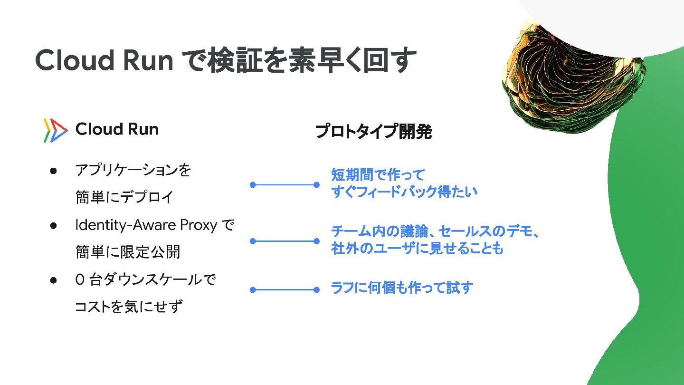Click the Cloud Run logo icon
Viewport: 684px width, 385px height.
coord(55,130)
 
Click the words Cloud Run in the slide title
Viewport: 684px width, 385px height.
coord(104,61)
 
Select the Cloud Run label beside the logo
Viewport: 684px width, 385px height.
coord(117,129)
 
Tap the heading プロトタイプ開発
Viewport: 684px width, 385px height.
coord(373,132)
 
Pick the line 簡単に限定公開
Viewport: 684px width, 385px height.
coord(128,252)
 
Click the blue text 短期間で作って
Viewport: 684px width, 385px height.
coord(378,175)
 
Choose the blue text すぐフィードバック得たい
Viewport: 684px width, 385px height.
coord(404,192)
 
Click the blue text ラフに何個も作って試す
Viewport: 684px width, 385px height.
coord(402,288)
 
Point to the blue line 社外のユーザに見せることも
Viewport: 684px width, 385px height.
coord(417,249)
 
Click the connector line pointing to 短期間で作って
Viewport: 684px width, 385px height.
coord(285,185)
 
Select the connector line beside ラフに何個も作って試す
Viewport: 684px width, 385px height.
coord(285,289)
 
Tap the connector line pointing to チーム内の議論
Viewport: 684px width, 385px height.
coord(285,241)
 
